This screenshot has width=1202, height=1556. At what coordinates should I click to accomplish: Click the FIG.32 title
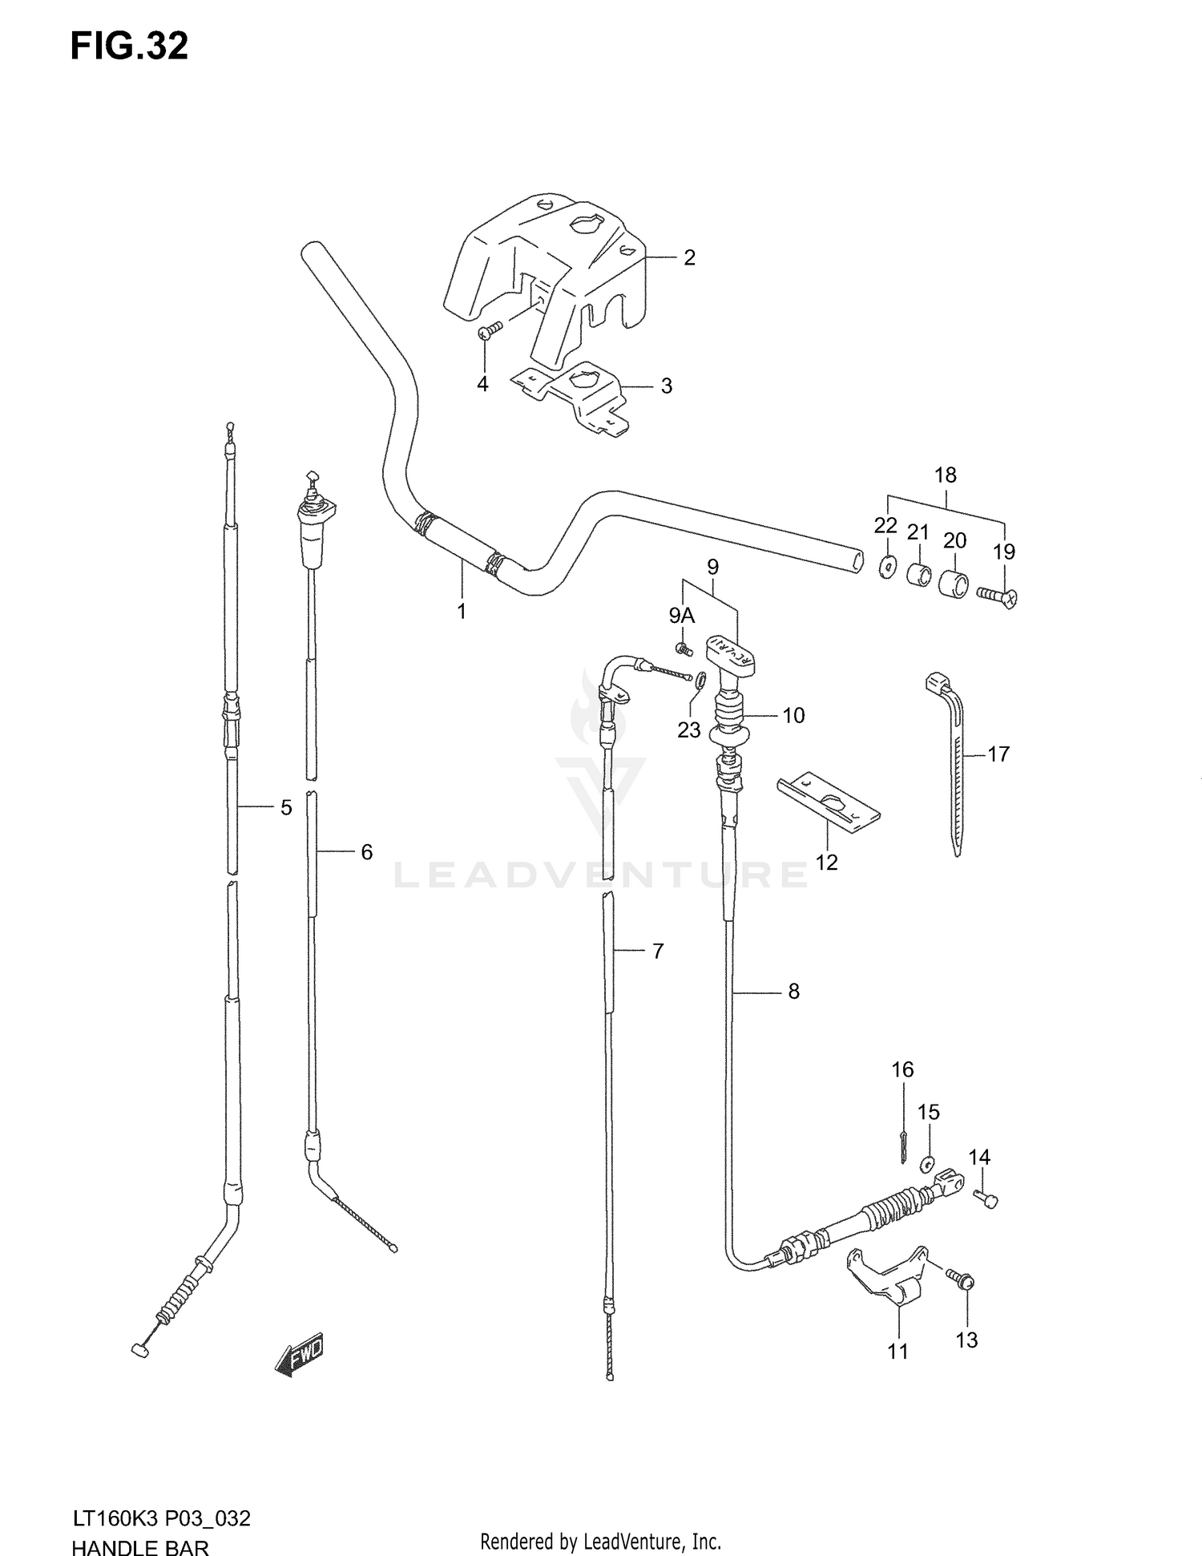129,46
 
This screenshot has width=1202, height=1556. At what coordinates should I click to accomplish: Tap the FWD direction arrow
299,1355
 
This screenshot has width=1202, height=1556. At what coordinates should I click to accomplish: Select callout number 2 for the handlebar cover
688,257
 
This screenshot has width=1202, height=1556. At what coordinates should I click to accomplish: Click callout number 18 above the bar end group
946,475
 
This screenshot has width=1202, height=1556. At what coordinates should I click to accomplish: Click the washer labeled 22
887,567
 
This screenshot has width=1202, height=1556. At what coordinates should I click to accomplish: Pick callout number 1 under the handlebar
462,611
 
